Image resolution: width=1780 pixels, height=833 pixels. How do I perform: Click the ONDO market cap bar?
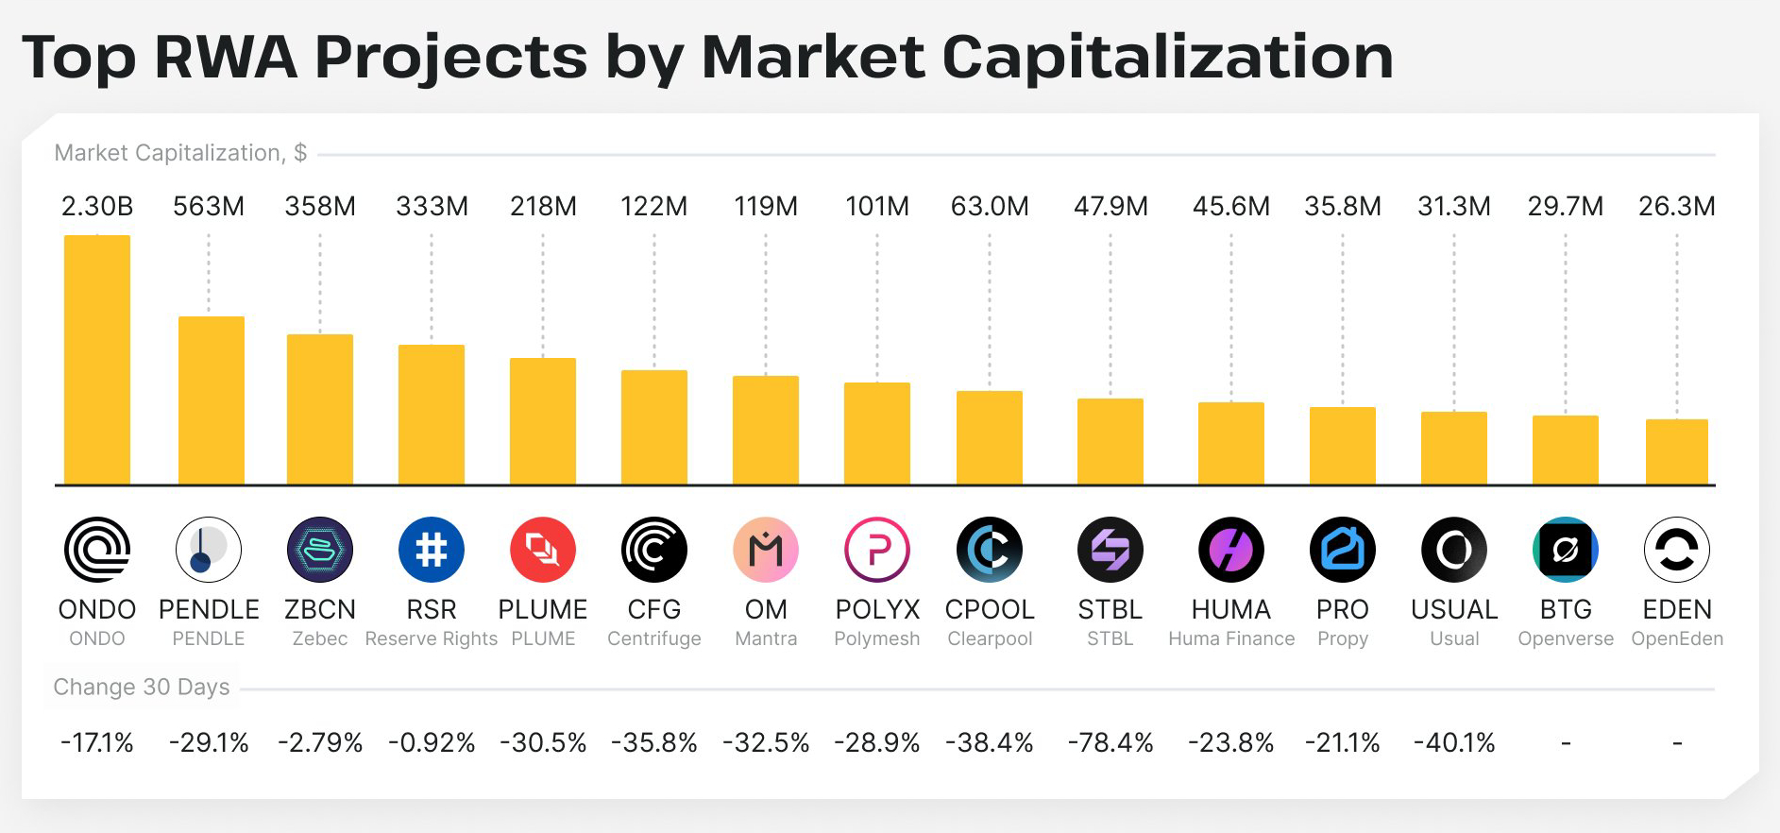[x=97, y=360]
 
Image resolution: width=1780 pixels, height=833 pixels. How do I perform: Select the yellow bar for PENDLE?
[x=212, y=400]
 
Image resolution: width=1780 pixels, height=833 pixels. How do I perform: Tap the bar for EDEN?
[x=1677, y=451]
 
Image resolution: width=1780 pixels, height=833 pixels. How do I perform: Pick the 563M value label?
[x=209, y=206]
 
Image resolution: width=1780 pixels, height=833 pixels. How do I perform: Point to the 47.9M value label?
[x=1110, y=206]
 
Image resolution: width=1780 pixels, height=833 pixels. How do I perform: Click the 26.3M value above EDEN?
[x=1677, y=206]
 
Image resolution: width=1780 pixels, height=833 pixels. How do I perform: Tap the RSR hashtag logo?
[x=432, y=550]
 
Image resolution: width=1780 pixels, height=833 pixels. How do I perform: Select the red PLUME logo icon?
[x=543, y=550]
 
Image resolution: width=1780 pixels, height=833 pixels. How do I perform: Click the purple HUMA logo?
[x=1231, y=550]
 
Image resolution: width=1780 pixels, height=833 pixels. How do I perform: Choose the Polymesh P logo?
[x=877, y=550]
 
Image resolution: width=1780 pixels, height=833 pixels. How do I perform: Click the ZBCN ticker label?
[x=320, y=609]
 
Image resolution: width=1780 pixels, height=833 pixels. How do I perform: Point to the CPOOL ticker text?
[x=990, y=609]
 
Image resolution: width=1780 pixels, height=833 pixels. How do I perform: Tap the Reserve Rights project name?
[x=432, y=639]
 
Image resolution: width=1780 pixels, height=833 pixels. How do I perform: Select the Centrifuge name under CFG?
[x=654, y=639]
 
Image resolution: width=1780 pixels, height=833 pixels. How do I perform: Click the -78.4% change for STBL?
[x=1110, y=743]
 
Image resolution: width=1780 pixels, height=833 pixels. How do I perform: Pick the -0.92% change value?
[x=432, y=743]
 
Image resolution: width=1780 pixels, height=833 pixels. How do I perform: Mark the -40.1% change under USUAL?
[x=1454, y=743]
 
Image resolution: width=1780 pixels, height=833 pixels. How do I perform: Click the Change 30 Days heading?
[x=142, y=687]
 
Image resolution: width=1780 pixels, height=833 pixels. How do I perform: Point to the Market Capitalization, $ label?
[x=180, y=153]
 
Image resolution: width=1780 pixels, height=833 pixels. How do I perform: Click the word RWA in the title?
[x=226, y=57]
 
